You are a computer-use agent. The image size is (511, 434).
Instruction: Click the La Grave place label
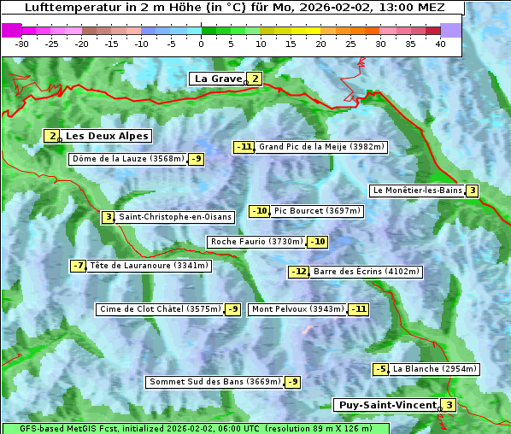pyautogui.click(x=219, y=79)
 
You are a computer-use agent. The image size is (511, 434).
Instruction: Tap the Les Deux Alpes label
pyautogui.click(x=108, y=136)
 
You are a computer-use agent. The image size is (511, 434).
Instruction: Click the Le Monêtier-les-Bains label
pyautogui.click(x=417, y=191)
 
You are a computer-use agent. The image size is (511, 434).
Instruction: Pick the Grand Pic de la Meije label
pyautogui.click(x=322, y=147)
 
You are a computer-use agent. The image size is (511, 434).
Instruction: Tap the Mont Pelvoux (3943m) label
pyautogui.click(x=297, y=309)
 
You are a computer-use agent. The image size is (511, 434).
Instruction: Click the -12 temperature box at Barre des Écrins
pyautogui.click(x=298, y=272)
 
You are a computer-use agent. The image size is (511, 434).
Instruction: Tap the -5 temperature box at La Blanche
pyautogui.click(x=380, y=369)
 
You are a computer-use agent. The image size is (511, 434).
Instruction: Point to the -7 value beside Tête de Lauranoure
pyautogui.click(x=79, y=266)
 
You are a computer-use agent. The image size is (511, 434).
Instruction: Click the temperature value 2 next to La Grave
pyautogui.click(x=255, y=79)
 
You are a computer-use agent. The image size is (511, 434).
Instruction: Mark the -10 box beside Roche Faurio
pyautogui.click(x=318, y=242)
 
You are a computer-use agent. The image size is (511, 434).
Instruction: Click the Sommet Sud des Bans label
pyautogui.click(x=214, y=382)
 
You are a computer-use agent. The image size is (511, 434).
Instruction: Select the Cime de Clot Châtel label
pyautogui.click(x=160, y=309)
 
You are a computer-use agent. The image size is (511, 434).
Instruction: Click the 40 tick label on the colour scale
pyautogui.click(x=440, y=44)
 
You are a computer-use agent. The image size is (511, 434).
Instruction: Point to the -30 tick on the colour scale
pyautogui.click(x=22, y=44)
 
